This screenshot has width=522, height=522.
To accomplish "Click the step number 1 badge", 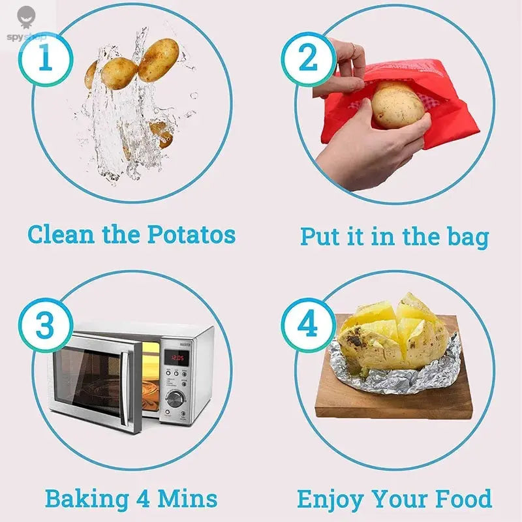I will pyautogui.click(x=44, y=61).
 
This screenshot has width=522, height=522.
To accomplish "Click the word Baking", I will pyautogui.click(x=86, y=499).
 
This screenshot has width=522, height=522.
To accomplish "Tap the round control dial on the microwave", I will pyautogui.click(x=175, y=398).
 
